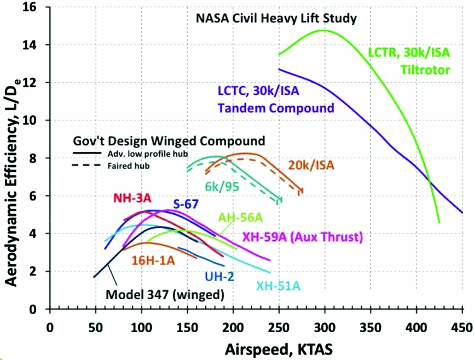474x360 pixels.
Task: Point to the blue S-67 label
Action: coord(186,204)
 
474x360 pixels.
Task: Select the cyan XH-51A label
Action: coord(279,285)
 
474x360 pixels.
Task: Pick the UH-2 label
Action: coord(220,276)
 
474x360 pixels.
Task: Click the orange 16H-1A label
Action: coord(154,261)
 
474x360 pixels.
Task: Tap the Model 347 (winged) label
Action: coord(165,294)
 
